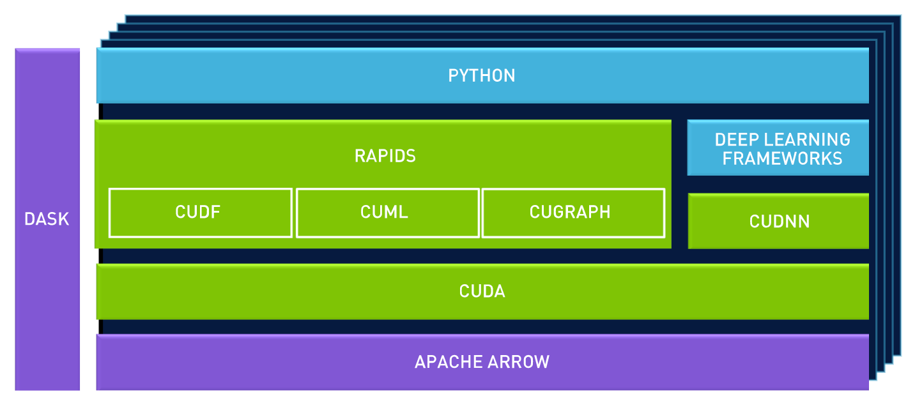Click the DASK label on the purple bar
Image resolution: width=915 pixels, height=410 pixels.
click(47, 219)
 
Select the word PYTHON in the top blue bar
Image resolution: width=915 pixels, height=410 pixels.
click(482, 75)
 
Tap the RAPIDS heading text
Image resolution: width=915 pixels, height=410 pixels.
click(385, 155)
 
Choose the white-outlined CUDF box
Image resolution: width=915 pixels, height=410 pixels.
click(200, 212)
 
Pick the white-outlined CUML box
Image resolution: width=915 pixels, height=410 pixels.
click(387, 212)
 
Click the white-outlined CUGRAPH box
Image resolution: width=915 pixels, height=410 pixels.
click(573, 212)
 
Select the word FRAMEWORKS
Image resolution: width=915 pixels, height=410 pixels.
click(782, 158)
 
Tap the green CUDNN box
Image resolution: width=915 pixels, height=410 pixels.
click(778, 222)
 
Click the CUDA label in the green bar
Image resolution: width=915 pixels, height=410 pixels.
click(482, 292)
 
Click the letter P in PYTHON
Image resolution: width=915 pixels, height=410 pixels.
click(454, 75)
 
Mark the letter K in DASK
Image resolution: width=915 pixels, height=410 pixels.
click(64, 219)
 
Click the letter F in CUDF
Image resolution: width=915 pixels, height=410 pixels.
click(216, 212)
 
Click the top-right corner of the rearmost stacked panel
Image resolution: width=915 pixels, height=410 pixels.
click(899, 16)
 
